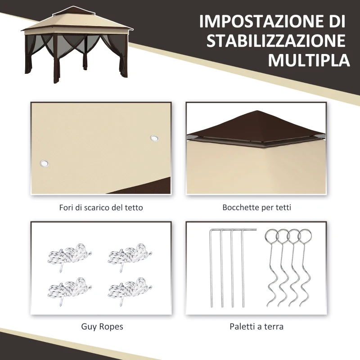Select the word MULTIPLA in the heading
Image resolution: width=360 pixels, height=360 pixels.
[309, 61]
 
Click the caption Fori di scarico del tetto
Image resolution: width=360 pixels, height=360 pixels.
[101, 207]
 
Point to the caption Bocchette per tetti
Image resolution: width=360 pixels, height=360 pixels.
[256, 207]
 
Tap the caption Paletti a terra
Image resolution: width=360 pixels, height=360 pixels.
[256, 326]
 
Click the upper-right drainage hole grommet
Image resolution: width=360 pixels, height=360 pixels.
[154, 138]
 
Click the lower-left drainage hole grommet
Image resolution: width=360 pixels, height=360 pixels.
[44, 162]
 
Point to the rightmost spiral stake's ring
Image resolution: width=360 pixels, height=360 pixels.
[305, 236]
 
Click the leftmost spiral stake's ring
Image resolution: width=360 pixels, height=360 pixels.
[272, 236]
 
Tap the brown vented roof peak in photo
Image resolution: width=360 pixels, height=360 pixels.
[256, 124]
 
